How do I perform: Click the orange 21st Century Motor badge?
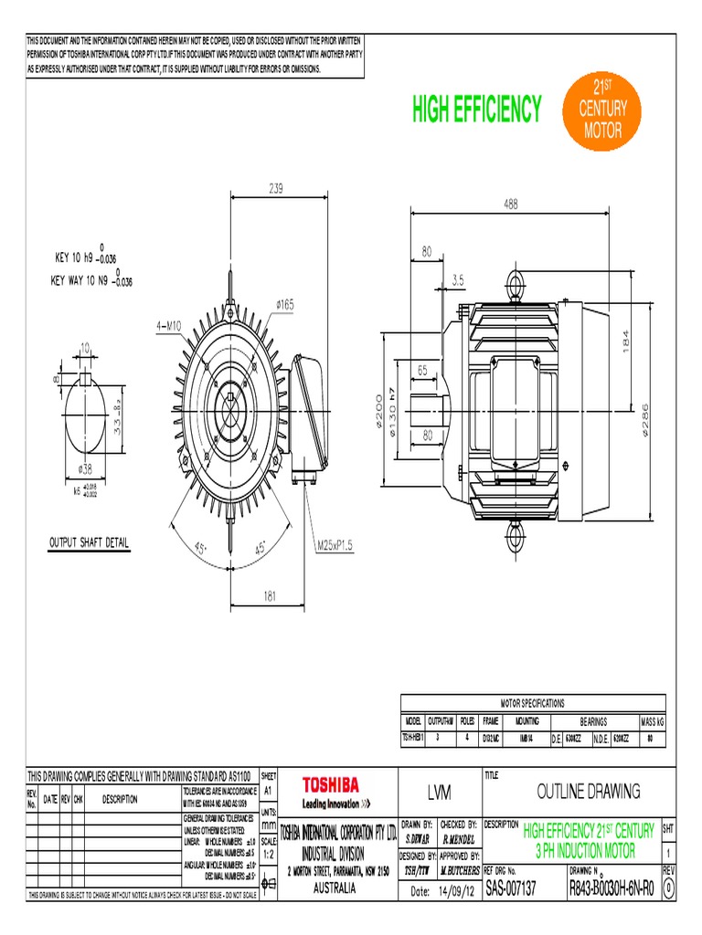pyautogui.click(x=602, y=109)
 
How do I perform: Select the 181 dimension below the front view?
pyautogui.click(x=270, y=595)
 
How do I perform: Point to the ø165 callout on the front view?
pyautogui.click(x=281, y=305)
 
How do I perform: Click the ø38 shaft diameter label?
pyautogui.click(x=86, y=468)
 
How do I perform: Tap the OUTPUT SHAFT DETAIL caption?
pyautogui.click(x=89, y=543)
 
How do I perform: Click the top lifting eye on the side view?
pyautogui.click(x=516, y=279)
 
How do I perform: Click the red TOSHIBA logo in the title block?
pyautogui.click(x=331, y=784)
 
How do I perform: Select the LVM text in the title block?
pyautogui.click(x=439, y=792)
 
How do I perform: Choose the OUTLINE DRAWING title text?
pyautogui.click(x=588, y=791)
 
